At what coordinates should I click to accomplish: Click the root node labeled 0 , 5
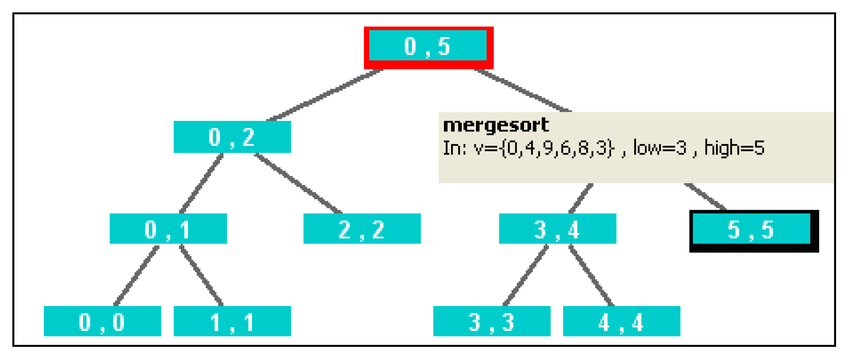coord(428,47)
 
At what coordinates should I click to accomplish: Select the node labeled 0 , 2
coord(232,137)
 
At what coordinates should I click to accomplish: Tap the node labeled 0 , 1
coord(168,229)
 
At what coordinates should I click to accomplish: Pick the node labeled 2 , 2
coord(362,229)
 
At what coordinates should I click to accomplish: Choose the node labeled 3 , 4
coord(557,229)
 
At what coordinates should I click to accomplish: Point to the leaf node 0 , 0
coord(102,321)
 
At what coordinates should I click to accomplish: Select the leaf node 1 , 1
coord(232,321)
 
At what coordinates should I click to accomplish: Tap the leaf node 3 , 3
coord(492,321)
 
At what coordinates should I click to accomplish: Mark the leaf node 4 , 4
coord(621,321)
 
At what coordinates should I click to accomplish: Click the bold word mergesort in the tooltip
coord(496,125)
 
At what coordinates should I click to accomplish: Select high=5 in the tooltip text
coord(734,148)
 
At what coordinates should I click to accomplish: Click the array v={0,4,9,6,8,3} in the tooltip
coord(544,148)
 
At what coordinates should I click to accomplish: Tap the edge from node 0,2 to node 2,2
coord(298,183)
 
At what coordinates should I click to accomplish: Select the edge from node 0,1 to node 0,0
coord(137,276)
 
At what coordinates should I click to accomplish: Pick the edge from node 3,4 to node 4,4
coord(592,276)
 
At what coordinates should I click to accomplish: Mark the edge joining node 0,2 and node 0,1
coord(201,183)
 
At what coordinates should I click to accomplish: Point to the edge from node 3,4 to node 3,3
coord(526,276)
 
